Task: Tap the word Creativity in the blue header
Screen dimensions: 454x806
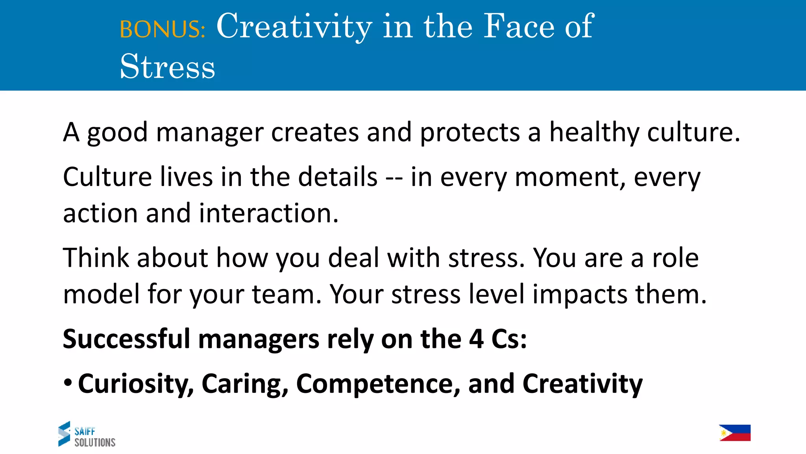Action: (294, 27)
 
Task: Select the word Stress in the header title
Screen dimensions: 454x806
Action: (167, 67)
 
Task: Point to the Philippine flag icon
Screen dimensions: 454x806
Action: (734, 433)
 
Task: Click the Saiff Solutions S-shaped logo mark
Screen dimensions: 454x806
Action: (64, 434)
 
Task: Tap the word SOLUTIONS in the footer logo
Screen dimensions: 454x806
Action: (95, 443)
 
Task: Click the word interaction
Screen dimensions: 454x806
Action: (268, 213)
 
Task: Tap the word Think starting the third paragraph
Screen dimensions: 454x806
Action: (96, 258)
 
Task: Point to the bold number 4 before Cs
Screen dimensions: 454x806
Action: (476, 339)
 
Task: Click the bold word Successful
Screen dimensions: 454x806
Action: (126, 339)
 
